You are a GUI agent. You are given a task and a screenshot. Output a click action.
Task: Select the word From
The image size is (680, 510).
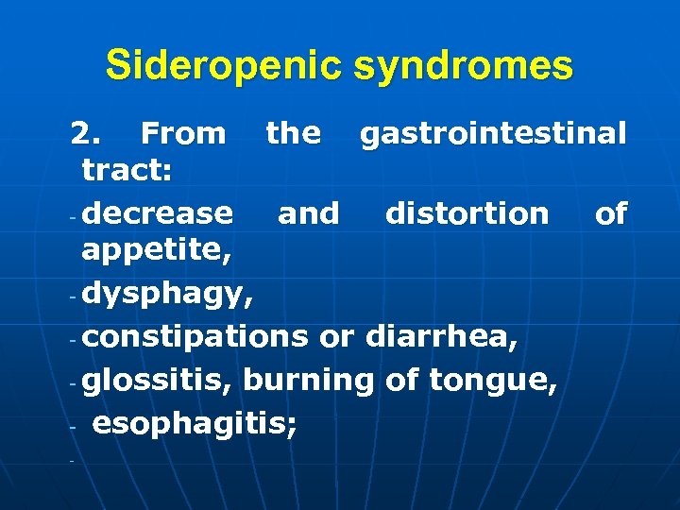(182, 133)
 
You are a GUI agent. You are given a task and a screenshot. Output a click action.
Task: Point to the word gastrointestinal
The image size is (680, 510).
(492, 133)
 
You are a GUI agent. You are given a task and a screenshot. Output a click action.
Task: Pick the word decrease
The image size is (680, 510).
(157, 213)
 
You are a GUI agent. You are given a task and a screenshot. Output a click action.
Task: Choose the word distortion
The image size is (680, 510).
(467, 213)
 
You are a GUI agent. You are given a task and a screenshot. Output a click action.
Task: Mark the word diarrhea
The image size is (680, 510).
(441, 336)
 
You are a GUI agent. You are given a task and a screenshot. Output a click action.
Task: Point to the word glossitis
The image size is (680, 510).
(158, 380)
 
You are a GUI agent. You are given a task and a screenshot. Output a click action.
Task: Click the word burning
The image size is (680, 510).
(309, 380)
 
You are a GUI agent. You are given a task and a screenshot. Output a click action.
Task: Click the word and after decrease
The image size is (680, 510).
(308, 213)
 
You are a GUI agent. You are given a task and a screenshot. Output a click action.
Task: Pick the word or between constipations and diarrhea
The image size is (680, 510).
(336, 336)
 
